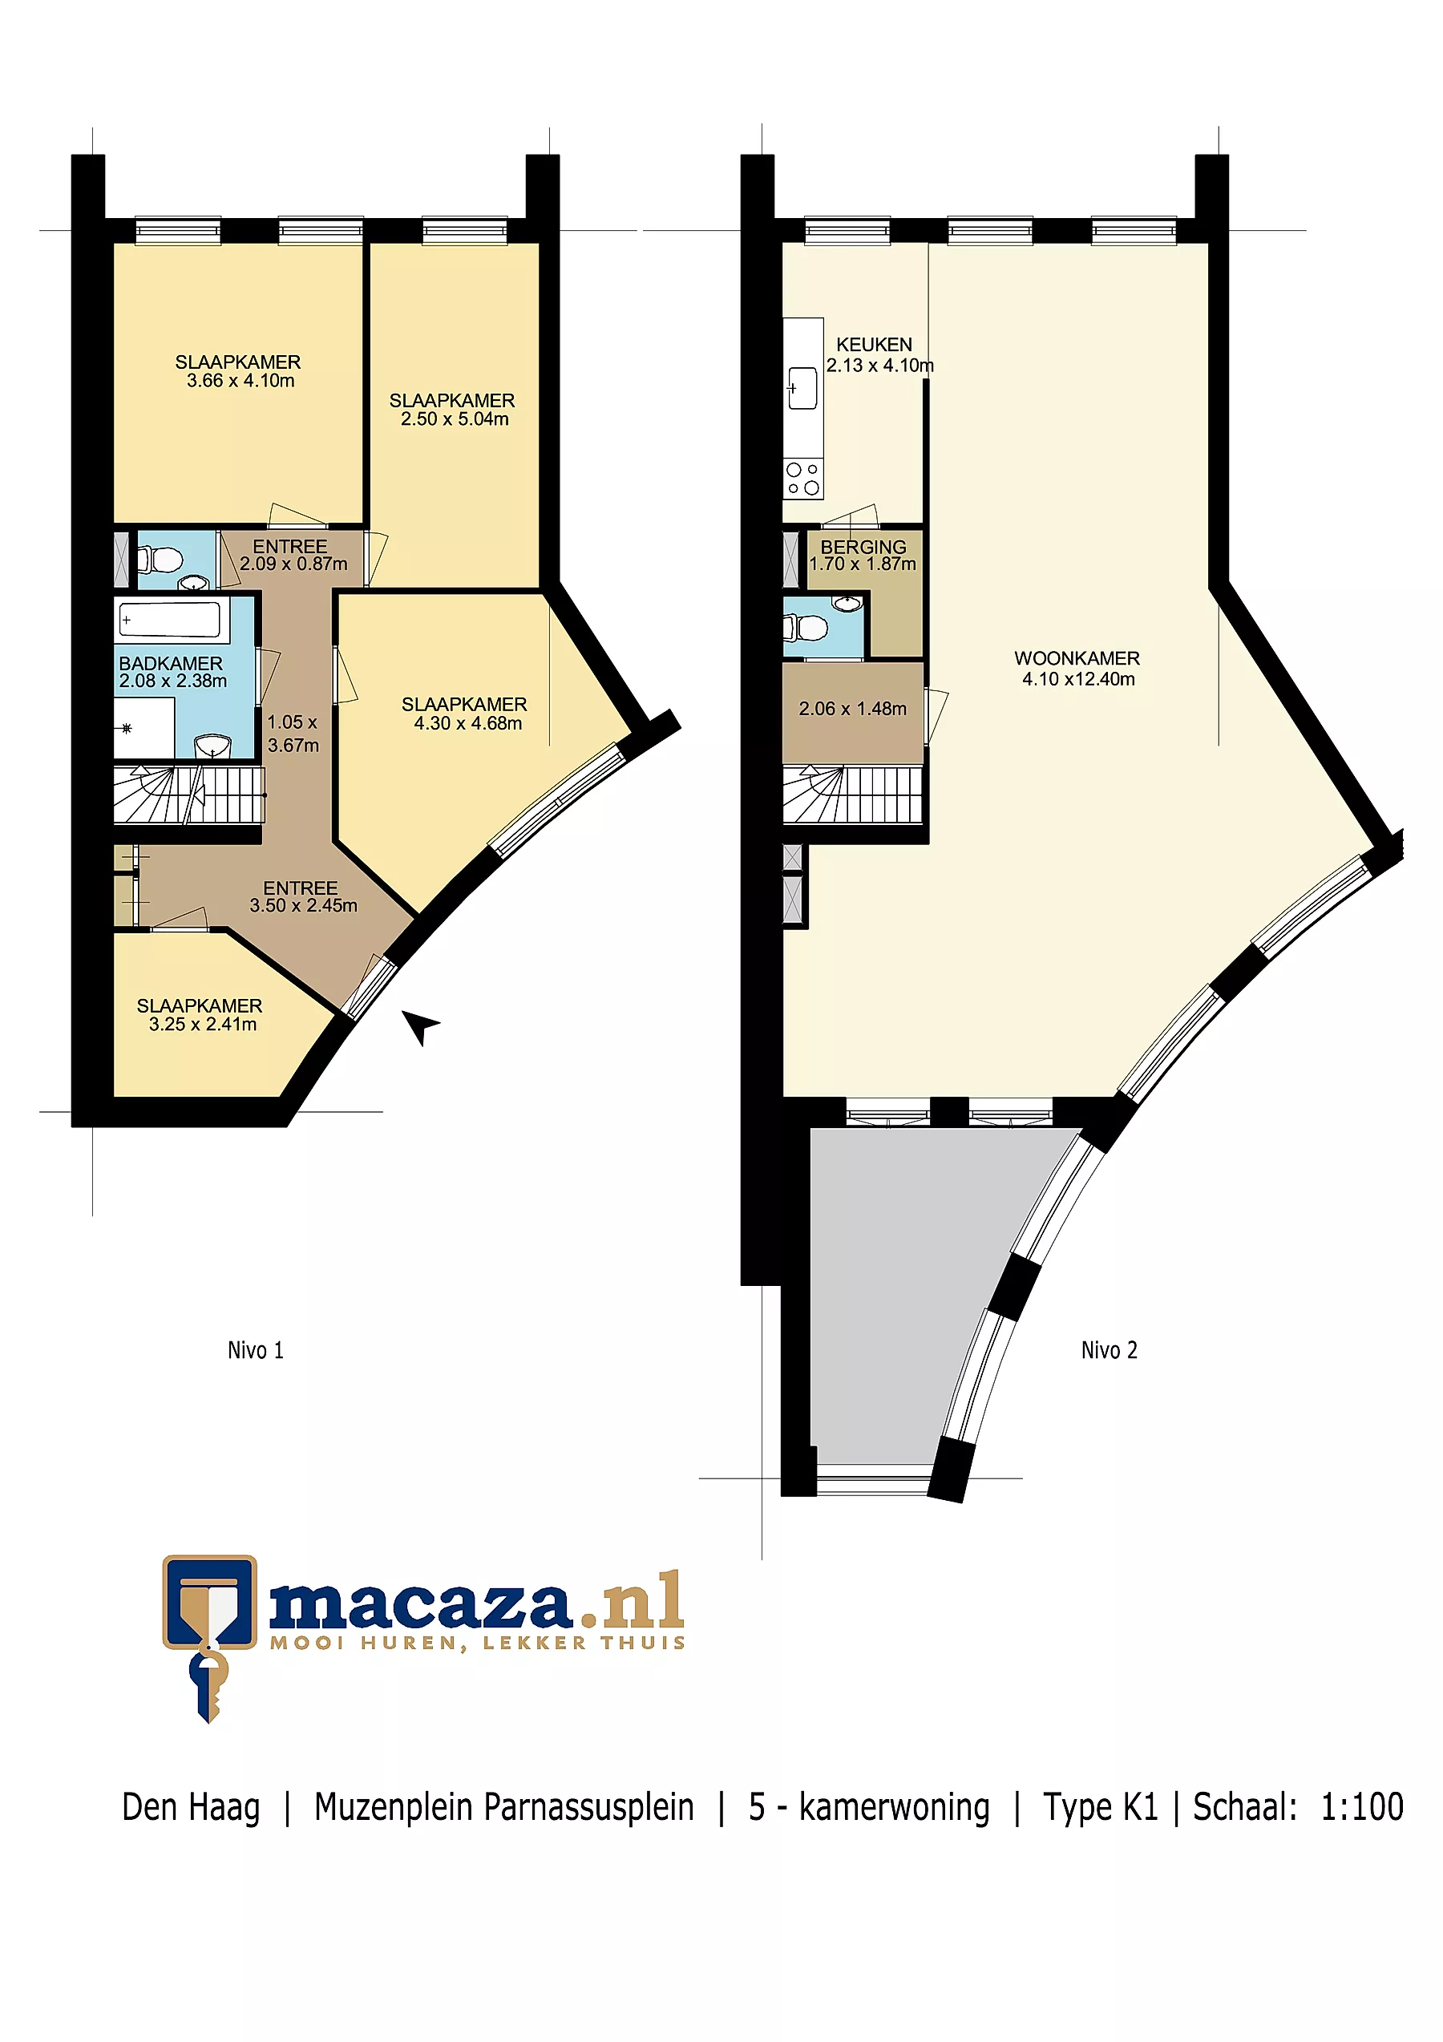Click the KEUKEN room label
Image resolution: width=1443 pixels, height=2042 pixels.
pos(873,344)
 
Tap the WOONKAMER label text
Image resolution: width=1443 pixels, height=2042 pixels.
pos(1077,658)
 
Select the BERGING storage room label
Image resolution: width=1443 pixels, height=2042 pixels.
pos(863,547)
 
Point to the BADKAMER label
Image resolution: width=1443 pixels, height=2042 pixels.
pos(171,664)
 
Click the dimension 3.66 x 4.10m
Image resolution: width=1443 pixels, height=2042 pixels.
pos(240,381)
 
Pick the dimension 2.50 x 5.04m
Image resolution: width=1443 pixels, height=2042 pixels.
pos(455,419)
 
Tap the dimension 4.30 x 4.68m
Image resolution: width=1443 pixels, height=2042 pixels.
pos(467,723)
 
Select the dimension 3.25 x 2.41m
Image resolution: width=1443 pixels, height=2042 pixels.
pos(203,1024)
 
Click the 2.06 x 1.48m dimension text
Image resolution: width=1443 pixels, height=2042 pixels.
pos(853,709)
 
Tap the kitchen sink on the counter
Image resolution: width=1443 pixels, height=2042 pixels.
pos(802,389)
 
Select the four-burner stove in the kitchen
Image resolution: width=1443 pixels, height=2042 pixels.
pos(802,479)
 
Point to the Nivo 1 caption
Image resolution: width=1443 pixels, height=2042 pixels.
pos(255,1350)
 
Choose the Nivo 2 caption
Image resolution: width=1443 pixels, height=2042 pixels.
pos(1109,1350)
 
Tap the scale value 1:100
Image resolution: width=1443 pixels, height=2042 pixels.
pos(1361,1806)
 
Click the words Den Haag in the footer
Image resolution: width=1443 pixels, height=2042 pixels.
pos(191,1807)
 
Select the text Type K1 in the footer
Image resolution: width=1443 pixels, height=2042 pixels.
pos(1100,1807)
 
